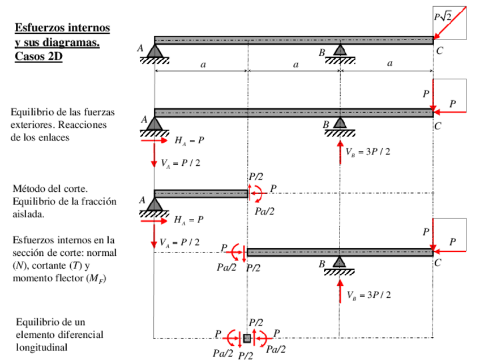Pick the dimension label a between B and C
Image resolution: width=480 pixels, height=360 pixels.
coord(389,64)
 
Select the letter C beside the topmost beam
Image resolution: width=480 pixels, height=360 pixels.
coord(440,51)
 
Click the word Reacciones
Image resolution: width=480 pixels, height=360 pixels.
coord(86,125)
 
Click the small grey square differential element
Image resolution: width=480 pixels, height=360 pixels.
coord(247,338)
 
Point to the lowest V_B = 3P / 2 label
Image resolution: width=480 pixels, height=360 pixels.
coord(368,295)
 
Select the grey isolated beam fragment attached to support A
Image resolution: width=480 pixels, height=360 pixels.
coord(200,194)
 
